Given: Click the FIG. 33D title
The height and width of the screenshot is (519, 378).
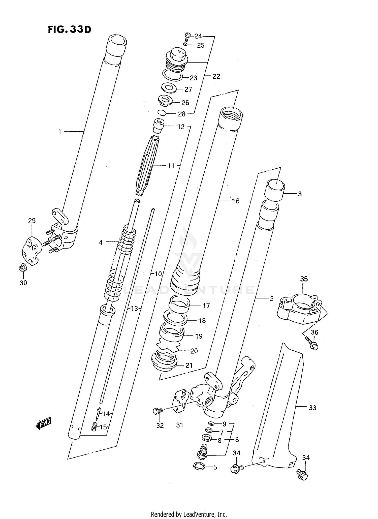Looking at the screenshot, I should click(x=69, y=30).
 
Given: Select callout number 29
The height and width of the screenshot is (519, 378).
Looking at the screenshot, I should click(x=32, y=221).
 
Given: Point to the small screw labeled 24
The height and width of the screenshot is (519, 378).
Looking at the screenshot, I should click(x=187, y=37).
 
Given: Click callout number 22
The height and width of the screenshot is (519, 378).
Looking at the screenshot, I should click(x=216, y=76).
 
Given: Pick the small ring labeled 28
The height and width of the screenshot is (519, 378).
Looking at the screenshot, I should click(x=162, y=112).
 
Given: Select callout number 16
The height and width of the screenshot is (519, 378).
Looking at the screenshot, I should click(x=236, y=201).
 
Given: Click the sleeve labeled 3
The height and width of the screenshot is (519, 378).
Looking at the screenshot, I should click(x=274, y=191).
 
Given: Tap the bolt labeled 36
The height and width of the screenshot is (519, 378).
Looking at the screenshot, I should click(x=312, y=344).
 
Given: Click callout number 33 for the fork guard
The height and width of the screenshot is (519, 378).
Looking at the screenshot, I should click(x=312, y=408).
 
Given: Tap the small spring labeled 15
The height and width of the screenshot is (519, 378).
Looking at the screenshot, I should click(x=94, y=427).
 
